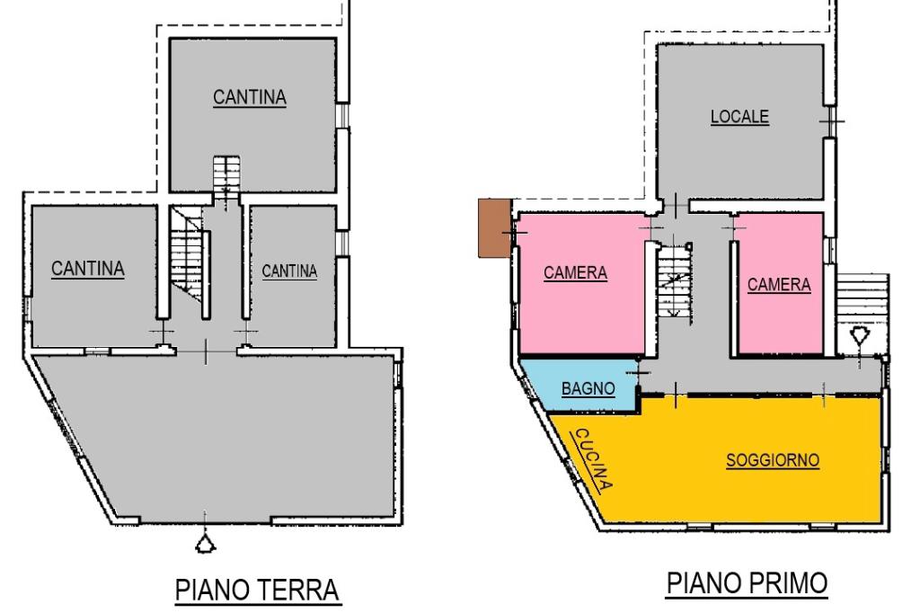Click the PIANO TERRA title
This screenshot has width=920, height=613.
257,591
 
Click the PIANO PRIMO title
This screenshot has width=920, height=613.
746,583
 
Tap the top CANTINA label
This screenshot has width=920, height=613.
250,97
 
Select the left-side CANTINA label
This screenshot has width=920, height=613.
87,268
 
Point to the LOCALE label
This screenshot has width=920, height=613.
739,117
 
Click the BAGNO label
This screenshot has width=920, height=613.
588,389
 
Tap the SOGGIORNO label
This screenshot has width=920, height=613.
773,460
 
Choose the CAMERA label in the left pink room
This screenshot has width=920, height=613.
575,273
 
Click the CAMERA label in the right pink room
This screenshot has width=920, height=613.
779,284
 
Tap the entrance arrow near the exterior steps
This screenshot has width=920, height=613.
860,337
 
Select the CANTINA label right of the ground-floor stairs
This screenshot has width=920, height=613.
289,271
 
